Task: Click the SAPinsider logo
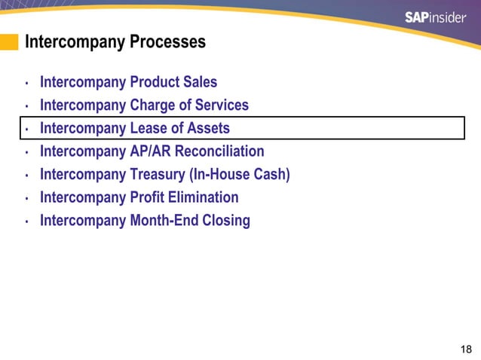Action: (435, 17)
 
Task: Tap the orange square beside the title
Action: (9, 42)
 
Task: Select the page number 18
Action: (465, 349)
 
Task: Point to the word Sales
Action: (200, 82)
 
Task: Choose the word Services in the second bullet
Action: (218, 105)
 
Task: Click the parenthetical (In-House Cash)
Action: (242, 175)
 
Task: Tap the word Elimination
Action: (204, 197)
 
